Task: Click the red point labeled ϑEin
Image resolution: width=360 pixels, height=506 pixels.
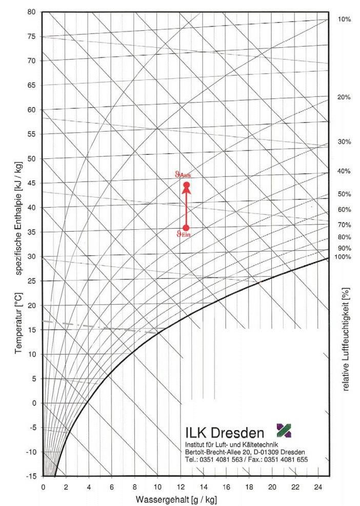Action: [186, 228]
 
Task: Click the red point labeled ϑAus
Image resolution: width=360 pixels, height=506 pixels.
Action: [187, 185]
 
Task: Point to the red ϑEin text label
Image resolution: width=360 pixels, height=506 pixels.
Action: [184, 235]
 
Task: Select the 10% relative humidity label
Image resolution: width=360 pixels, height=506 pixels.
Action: [344, 19]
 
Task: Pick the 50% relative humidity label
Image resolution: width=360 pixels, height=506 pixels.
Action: [344, 194]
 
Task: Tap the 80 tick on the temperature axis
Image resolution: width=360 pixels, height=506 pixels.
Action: [31, 12]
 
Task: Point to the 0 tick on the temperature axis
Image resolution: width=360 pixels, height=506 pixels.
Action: [34, 403]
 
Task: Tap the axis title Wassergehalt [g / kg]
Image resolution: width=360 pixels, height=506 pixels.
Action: [179, 498]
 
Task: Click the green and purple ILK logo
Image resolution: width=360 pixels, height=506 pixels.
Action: [284, 431]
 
